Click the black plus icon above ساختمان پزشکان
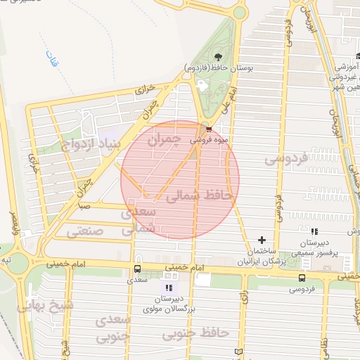264,240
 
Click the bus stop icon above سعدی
136,269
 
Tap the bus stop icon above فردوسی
302,278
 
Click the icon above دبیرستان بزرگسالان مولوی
168,287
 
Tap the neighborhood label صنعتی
85,230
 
